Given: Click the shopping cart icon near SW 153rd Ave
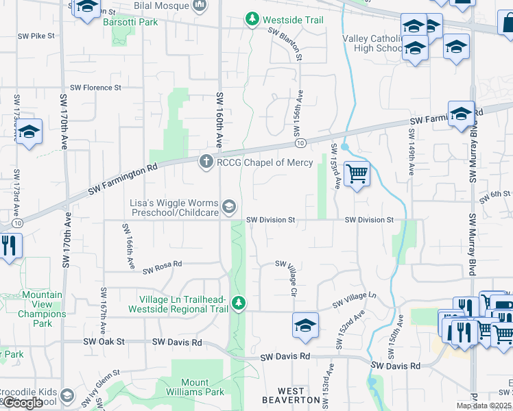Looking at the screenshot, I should click(x=357, y=174).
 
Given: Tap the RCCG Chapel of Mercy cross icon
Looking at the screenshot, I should click(x=205, y=162).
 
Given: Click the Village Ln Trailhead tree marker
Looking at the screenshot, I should click(x=238, y=301).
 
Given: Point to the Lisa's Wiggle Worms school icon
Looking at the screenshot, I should click(x=229, y=206).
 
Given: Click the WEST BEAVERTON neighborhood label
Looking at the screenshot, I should click(x=291, y=399).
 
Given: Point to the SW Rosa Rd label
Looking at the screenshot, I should click(x=162, y=267).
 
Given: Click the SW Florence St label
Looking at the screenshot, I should click(x=98, y=88).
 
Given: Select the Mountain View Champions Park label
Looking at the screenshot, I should click(x=42, y=309).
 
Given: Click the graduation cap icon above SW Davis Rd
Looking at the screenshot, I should click(x=305, y=325).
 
